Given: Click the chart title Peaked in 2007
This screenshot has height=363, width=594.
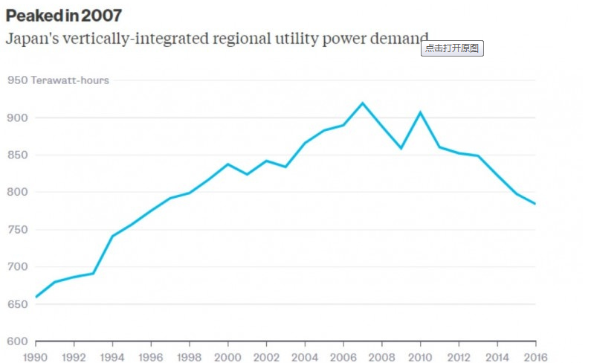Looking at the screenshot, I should tap(64, 15).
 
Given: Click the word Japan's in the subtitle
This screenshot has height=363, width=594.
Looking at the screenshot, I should tap(28, 39).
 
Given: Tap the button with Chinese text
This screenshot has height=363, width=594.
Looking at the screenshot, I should tap(453, 48).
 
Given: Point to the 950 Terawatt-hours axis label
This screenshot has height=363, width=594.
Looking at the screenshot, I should tap(58, 80).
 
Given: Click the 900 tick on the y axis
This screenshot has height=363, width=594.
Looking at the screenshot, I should tap(17, 118).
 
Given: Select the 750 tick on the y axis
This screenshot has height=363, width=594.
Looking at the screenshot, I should tap(17, 229).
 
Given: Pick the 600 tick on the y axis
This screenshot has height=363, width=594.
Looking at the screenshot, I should tap(17, 341).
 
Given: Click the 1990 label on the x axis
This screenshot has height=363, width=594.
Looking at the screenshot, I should tap(36, 356).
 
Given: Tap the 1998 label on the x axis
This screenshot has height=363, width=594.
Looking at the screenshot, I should tap(190, 356).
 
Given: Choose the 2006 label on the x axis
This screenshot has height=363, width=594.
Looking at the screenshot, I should tap(343, 356).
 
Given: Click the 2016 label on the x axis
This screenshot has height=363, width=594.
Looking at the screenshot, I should tap(535, 356).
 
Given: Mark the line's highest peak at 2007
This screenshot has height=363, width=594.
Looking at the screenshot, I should tap(363, 103).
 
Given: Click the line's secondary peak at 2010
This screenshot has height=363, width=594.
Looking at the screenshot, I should tap(420, 112).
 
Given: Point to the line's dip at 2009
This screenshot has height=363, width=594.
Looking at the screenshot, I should tap(401, 148).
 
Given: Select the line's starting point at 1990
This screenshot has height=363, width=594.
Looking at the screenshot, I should tap(36, 297).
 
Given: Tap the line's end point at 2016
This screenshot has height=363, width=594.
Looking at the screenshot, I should tap(535, 204).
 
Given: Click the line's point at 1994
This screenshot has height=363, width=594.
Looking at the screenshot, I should tap(112, 236).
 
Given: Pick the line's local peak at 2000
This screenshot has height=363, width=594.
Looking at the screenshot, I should tap(228, 164).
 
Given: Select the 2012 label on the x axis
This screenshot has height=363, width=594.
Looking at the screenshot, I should tap(459, 356).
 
